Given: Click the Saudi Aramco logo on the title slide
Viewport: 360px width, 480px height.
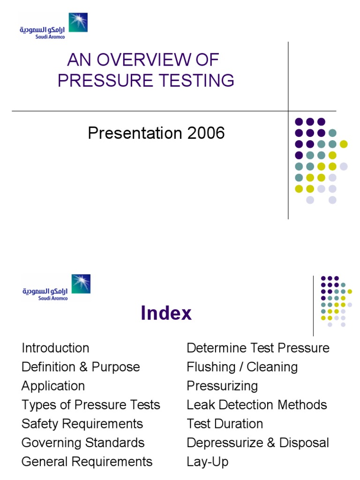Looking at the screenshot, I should [53, 26].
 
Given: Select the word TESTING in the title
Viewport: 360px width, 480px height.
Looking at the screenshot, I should [196, 81].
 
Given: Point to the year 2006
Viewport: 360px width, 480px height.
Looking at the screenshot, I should [206, 134].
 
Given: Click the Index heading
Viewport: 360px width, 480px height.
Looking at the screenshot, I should [166, 314].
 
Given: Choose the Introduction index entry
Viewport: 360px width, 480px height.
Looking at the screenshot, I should [55, 348].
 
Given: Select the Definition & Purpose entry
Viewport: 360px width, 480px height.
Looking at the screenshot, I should [81, 367].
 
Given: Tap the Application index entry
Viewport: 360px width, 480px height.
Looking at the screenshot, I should [53, 386].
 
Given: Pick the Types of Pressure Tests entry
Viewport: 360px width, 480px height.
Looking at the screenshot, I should [91, 405].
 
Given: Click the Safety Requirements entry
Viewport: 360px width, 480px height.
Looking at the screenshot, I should [82, 424].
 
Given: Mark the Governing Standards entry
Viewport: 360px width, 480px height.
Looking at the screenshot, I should [83, 443].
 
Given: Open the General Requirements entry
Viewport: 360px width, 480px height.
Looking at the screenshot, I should [87, 462].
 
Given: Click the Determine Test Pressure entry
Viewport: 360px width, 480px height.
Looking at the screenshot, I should [258, 348].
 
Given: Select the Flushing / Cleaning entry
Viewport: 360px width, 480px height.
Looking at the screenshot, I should [242, 367].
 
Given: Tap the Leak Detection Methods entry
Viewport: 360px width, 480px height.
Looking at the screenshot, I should [257, 405].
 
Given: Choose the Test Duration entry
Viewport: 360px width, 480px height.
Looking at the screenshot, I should [225, 424].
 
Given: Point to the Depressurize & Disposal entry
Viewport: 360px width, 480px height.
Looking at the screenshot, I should [258, 443].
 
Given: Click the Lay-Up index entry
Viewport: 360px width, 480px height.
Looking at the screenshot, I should [207, 462].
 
